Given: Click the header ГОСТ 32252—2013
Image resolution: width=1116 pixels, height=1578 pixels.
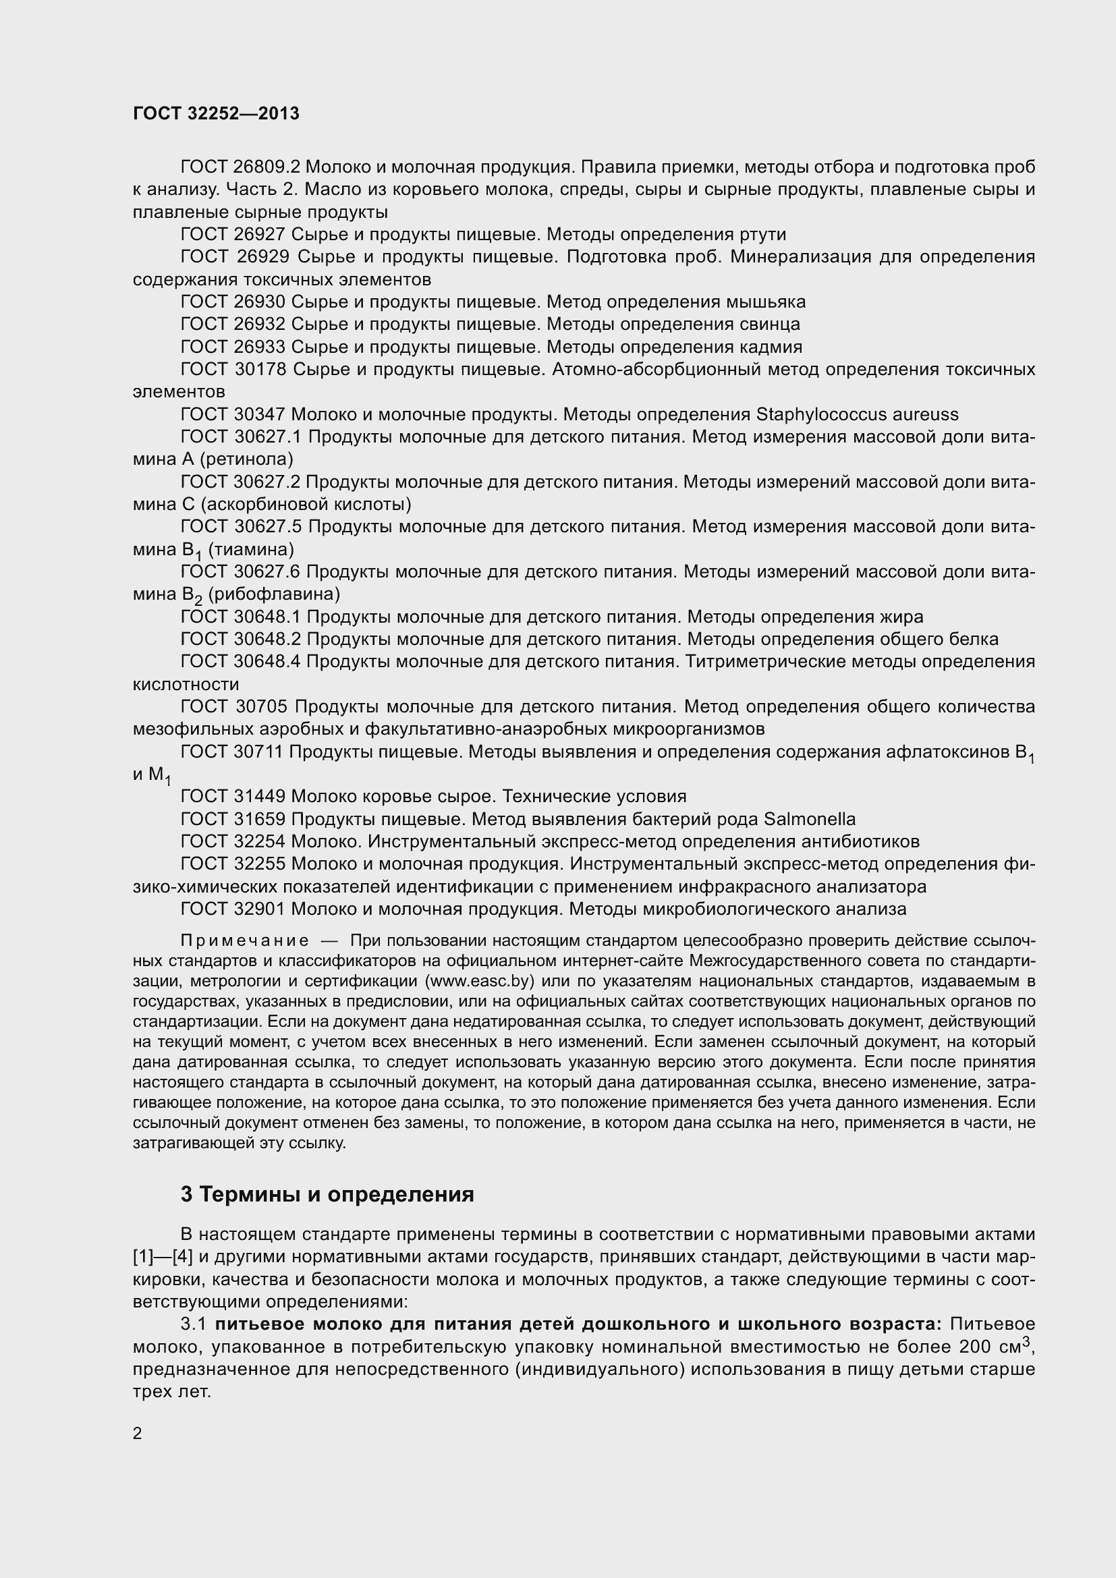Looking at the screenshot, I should click(x=216, y=114).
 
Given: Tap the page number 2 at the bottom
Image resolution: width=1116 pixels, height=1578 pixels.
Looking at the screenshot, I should click(x=138, y=1433).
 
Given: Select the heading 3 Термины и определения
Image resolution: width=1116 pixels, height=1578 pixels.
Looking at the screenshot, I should click(x=327, y=1195).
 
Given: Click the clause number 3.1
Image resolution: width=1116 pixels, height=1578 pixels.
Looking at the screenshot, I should click(x=194, y=1324).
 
